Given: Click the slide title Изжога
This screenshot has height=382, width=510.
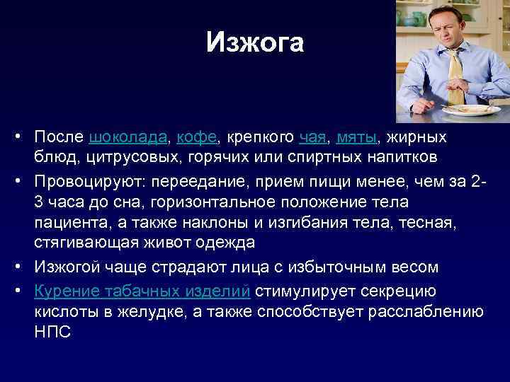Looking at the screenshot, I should [x=254, y=43].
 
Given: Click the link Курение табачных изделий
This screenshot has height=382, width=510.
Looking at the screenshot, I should [x=142, y=291].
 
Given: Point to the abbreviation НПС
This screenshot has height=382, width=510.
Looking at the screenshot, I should [x=52, y=331].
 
